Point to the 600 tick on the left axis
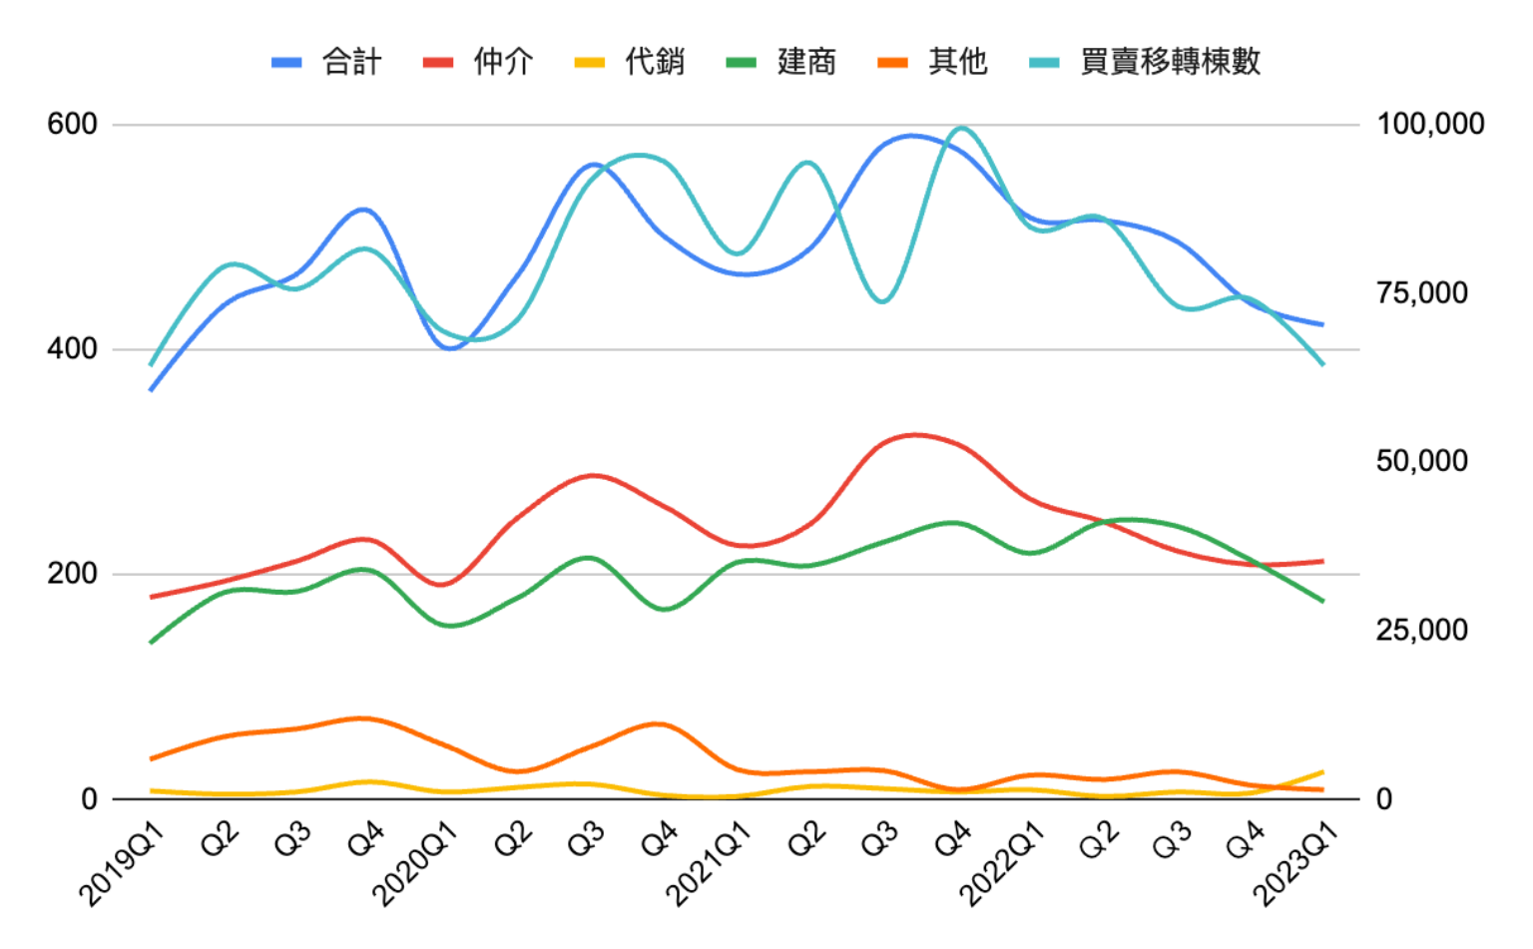[x=72, y=125]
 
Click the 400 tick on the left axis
[x=72, y=349]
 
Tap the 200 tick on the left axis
[x=72, y=574]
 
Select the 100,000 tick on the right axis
[x=1430, y=125]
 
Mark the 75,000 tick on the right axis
[x=1421, y=293]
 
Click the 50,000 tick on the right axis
[x=1421, y=461]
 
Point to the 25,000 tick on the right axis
[x=1421, y=630]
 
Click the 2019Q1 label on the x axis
[x=122, y=864]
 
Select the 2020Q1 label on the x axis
[x=415, y=864]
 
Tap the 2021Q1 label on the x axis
[x=709, y=864]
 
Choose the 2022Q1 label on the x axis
[x=1002, y=864]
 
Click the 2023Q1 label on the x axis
[x=1294, y=864]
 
